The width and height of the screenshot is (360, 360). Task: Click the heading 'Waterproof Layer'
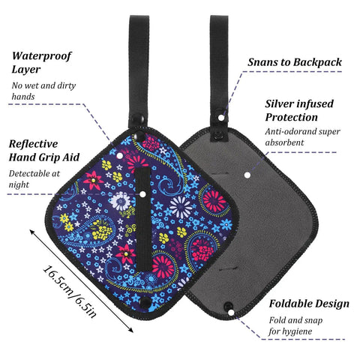41,62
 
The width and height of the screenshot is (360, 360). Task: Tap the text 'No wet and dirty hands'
43,91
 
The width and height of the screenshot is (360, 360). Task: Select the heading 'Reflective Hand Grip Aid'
44,151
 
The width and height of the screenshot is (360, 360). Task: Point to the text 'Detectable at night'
34,179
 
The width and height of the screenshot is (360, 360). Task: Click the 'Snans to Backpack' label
295,62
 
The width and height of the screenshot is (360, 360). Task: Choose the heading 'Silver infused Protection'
299,110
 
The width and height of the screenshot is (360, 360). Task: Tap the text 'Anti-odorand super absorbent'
302,137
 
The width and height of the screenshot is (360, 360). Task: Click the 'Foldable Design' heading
309,304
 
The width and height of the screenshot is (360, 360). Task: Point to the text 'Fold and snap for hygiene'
295,325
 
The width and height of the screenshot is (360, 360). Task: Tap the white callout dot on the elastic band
142,194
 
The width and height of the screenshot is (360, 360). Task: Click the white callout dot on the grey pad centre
247,175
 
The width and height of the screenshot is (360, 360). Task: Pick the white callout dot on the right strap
221,118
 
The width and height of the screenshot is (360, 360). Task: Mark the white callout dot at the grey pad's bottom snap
231,312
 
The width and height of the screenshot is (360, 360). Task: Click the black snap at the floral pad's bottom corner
145,302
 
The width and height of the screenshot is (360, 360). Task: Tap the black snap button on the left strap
138,119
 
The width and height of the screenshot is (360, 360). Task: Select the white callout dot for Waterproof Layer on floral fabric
120,156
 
